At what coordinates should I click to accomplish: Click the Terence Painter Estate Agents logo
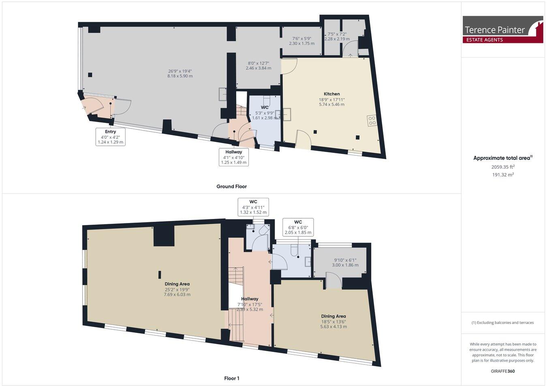point(503,30)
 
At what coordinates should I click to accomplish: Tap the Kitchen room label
point(331,94)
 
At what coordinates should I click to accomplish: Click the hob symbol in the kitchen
point(371,120)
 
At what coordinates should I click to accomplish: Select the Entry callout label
point(110,137)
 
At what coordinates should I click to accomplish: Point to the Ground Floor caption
point(231,187)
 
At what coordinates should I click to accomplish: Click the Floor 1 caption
point(232,378)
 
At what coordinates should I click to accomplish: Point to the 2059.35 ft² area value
point(502,167)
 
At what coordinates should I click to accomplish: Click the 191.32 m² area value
point(502,175)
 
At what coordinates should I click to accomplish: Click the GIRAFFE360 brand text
point(502,371)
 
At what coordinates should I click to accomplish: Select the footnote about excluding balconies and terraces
point(502,323)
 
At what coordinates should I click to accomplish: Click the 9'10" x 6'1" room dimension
point(346,263)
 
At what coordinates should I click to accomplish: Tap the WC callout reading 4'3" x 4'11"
point(253,207)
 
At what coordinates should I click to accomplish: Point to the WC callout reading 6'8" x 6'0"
point(298,227)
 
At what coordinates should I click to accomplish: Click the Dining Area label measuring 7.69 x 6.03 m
point(177,289)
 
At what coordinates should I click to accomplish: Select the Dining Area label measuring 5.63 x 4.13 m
point(333,321)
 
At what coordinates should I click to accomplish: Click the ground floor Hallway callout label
point(234,157)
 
